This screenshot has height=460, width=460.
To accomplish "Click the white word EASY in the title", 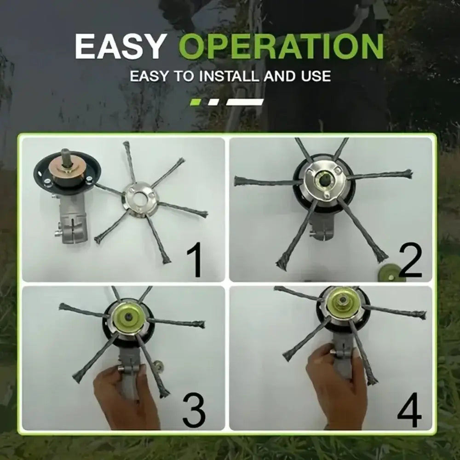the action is [x=119, y=46].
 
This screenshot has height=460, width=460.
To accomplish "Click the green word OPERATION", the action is [x=281, y=46].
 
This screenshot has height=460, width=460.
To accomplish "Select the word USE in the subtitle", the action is [x=316, y=76].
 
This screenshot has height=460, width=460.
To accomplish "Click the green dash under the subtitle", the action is [x=195, y=102].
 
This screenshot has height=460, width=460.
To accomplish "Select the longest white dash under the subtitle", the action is [x=245, y=102].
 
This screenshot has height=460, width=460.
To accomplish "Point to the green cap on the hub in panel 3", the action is [x=128, y=317].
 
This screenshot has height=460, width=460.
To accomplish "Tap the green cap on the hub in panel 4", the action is [x=341, y=302].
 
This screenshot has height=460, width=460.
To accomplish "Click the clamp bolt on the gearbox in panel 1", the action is [x=58, y=234].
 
